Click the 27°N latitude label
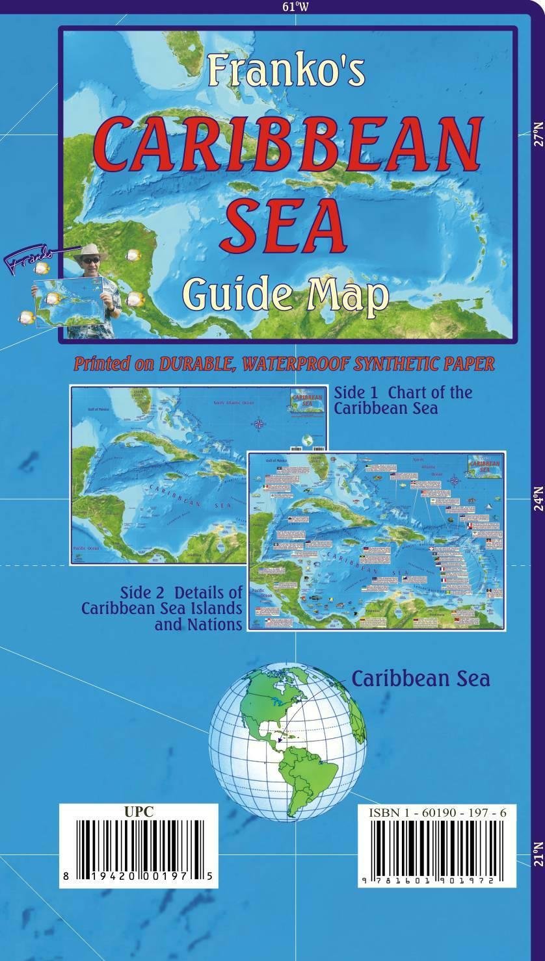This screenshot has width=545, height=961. [x=537, y=133]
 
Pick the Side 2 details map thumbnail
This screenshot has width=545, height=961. [x=375, y=541]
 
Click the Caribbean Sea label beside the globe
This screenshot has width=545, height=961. [x=421, y=678]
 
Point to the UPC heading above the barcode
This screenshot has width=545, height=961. [x=139, y=811]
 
